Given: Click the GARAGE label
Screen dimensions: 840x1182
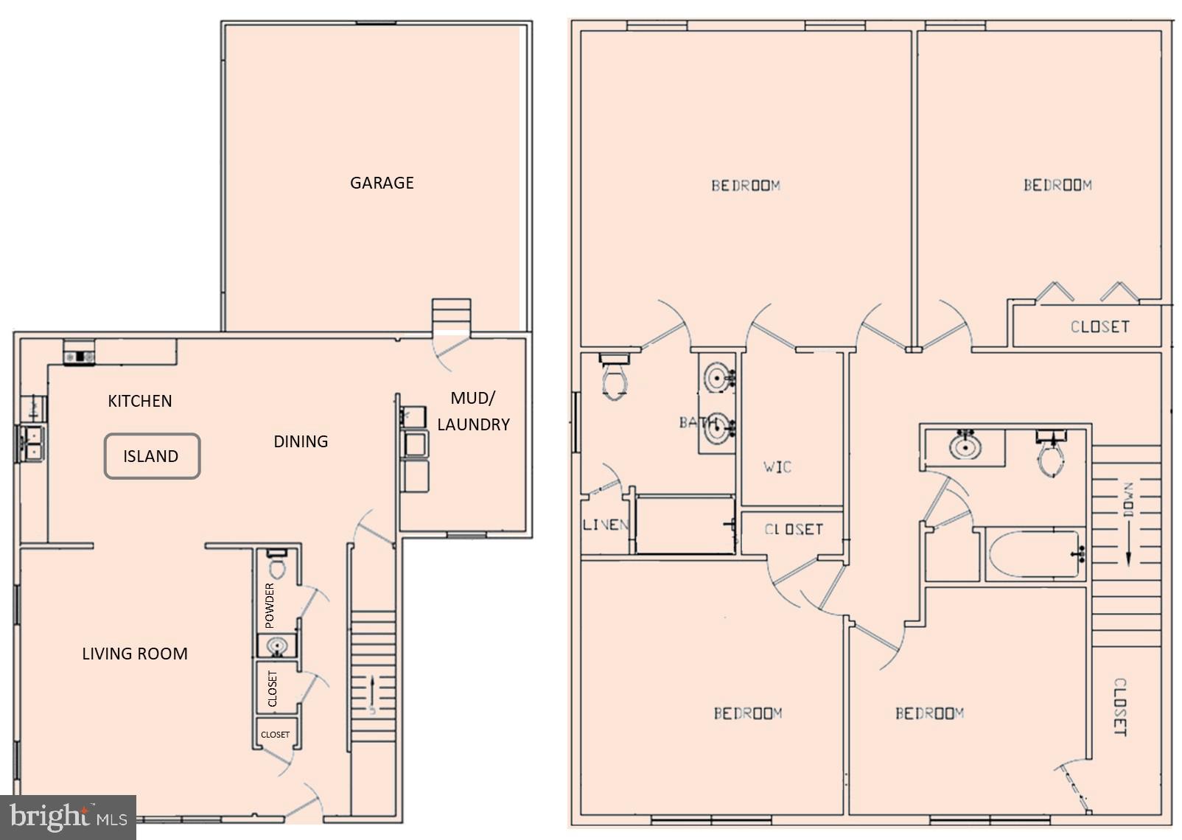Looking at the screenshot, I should [382, 183].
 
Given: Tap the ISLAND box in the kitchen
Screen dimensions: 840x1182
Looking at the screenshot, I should [152, 456].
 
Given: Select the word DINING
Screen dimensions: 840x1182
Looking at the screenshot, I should [301, 441].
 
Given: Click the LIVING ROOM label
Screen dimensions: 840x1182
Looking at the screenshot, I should [135, 654].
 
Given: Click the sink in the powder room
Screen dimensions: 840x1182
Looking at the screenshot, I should [277, 646].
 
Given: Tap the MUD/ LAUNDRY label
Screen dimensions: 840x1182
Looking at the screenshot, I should [473, 411].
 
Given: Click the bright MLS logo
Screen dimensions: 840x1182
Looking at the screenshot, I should [68, 818].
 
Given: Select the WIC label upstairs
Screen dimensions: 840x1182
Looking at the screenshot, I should [777, 466].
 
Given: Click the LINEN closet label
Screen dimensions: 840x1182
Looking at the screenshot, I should [605, 525].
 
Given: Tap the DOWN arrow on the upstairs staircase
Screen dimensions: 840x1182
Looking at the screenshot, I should [1127, 523].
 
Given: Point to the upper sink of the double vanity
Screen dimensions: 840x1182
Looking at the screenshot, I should [718, 378].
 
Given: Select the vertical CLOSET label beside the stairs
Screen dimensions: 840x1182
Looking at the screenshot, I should [1119, 707].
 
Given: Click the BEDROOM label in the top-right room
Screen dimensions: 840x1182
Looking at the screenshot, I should [1057, 185].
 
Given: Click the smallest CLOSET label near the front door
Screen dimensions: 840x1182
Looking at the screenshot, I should [275, 735].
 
